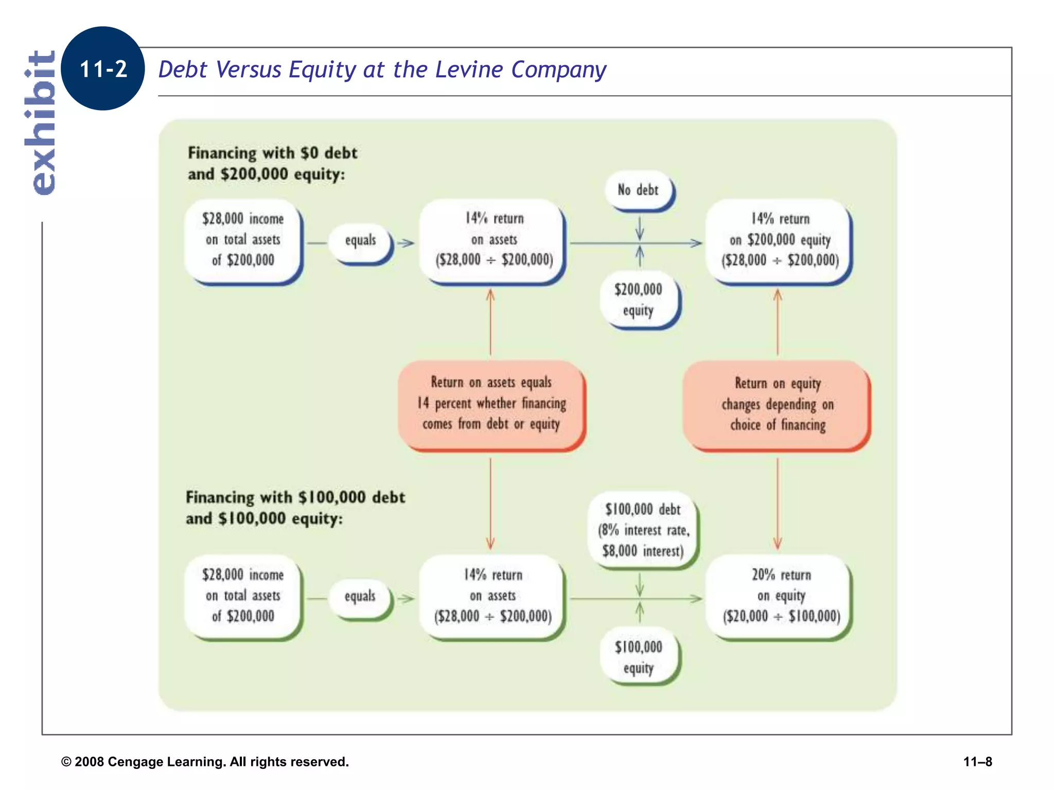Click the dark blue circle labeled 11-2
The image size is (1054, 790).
click(x=102, y=68)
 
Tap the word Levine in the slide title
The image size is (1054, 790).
click(x=468, y=69)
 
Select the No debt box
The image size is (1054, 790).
click(x=638, y=190)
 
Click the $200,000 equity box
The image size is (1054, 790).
click(x=638, y=299)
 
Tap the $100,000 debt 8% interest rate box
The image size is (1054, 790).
click(x=643, y=530)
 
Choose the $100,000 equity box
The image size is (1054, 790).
click(x=638, y=657)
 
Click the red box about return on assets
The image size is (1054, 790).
click(x=491, y=404)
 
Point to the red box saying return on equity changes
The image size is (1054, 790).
click(x=777, y=404)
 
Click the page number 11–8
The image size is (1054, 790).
click(x=977, y=762)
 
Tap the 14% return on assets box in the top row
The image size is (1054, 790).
click(x=494, y=240)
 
